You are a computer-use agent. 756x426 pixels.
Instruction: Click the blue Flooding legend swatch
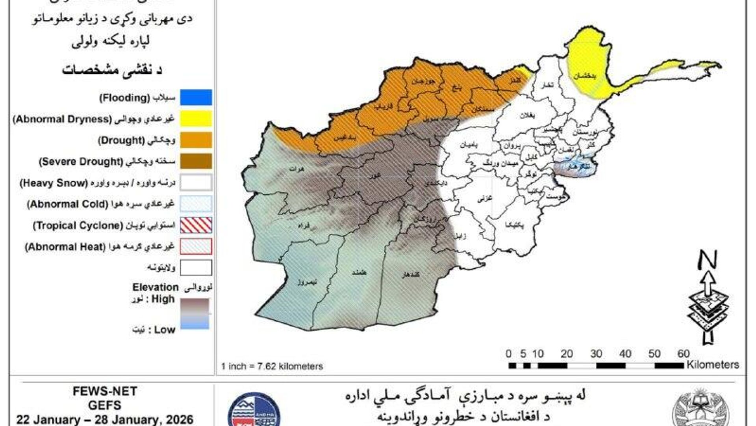click(x=196, y=97)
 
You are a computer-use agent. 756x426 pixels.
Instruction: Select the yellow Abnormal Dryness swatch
click(x=196, y=119)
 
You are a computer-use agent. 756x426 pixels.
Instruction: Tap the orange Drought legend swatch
click(x=196, y=140)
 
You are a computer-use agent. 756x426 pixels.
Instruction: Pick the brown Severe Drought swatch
click(x=196, y=161)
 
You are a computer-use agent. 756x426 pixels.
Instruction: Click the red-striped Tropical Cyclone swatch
click(x=196, y=225)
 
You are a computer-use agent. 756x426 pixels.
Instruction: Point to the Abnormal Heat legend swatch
click(x=196, y=246)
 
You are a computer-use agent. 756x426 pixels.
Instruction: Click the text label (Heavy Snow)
click(x=54, y=183)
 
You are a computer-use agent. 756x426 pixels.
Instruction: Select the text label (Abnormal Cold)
click(x=67, y=204)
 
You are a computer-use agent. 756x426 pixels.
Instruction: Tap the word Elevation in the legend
click(x=155, y=287)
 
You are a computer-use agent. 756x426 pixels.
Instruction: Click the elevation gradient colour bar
click(x=195, y=313)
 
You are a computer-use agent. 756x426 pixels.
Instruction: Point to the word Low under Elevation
click(x=165, y=330)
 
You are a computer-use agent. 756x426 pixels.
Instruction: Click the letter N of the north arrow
click(x=708, y=260)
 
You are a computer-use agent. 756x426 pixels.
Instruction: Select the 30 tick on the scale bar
click(x=596, y=354)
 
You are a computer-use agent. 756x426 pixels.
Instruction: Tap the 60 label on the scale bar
click(x=684, y=354)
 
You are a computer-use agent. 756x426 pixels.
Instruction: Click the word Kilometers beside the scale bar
click(x=713, y=365)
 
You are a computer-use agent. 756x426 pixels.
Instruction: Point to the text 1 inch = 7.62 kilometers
click(x=272, y=366)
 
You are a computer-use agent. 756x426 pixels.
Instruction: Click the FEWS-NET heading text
click(x=105, y=391)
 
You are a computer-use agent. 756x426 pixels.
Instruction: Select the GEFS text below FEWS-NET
click(x=105, y=405)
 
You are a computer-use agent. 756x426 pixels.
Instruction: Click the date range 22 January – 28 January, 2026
click(x=105, y=419)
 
